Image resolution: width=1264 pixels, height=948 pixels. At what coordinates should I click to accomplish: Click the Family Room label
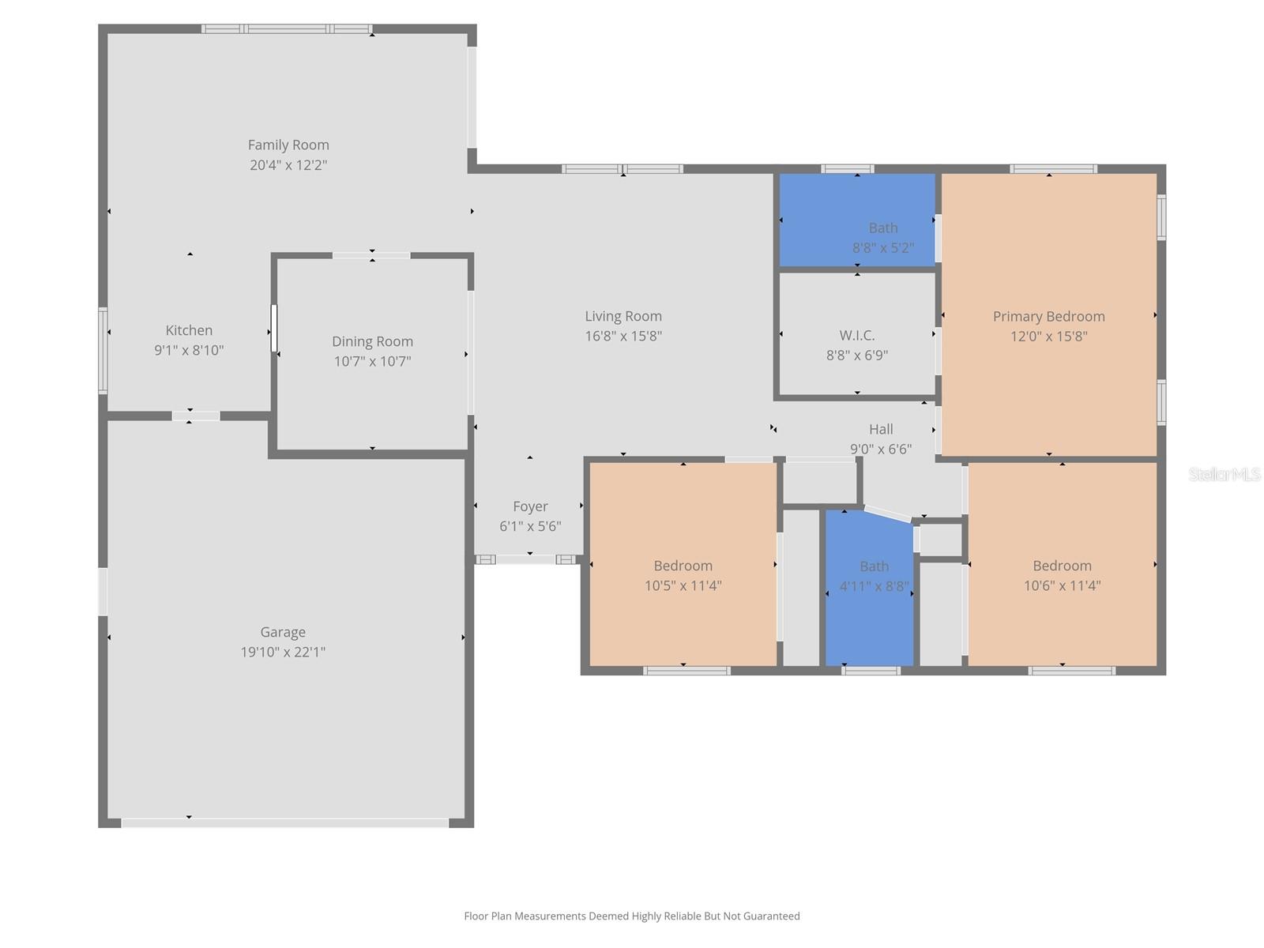[288, 145]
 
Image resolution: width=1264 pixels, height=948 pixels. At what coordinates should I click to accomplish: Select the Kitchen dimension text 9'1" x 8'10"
[189, 350]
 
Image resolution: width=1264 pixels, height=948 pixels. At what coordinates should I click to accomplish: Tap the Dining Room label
[372, 341]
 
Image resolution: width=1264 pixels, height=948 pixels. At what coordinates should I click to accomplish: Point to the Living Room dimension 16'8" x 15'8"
[623, 336]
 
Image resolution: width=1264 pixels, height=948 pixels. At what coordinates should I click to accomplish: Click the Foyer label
[530, 506]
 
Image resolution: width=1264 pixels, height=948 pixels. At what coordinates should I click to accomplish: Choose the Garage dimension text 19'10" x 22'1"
[283, 652]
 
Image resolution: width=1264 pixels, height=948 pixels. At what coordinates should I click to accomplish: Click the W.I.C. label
[857, 335]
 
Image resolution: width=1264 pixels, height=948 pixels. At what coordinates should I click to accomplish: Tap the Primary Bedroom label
[1048, 316]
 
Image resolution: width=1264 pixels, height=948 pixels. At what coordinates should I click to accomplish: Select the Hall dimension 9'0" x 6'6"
[881, 449]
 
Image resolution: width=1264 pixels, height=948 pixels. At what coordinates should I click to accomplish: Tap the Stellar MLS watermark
[1224, 474]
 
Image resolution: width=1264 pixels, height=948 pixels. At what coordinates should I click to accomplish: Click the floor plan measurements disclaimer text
[632, 916]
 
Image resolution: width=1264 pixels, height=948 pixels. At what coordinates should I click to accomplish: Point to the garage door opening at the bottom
[284, 822]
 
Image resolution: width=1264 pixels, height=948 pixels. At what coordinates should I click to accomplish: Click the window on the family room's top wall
[286, 29]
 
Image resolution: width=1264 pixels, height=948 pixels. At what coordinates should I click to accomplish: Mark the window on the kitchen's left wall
[103, 350]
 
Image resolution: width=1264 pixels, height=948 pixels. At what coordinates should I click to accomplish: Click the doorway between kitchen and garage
[196, 416]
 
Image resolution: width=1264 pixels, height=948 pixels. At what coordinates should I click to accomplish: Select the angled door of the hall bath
[888, 513]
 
